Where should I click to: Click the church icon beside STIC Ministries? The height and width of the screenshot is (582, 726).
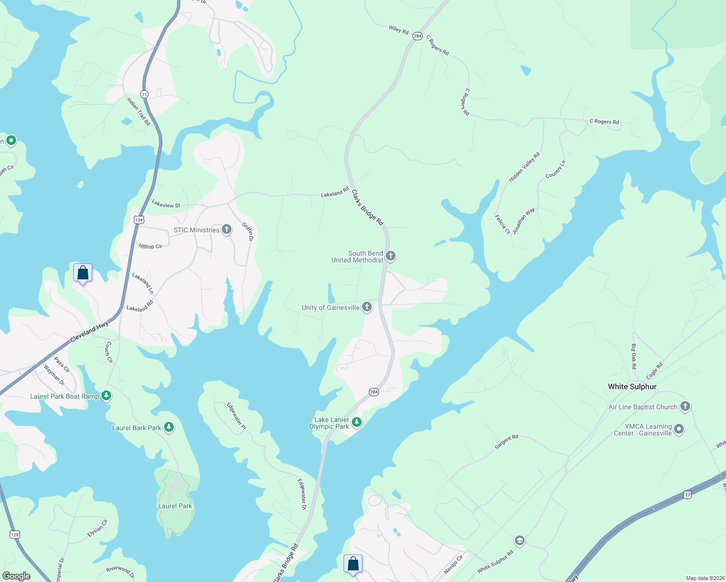(x=227, y=229)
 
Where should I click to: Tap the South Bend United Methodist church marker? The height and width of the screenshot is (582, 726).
(x=391, y=256)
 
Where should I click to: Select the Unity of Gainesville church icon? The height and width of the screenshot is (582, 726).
(x=367, y=307)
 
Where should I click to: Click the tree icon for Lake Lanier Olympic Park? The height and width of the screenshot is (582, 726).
(x=357, y=422)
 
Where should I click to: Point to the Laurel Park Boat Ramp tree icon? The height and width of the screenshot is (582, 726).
(x=106, y=396)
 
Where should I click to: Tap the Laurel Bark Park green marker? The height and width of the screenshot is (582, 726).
(x=169, y=427)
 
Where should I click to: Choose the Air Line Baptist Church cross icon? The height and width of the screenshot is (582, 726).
(x=685, y=406)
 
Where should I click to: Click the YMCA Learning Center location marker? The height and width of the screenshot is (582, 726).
(x=679, y=429)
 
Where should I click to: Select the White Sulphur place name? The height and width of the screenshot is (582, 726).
(x=632, y=387)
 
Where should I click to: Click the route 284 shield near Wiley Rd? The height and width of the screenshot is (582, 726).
(x=417, y=36)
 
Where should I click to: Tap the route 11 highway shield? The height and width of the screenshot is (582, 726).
(x=145, y=94)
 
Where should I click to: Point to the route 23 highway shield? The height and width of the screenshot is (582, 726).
(x=687, y=495)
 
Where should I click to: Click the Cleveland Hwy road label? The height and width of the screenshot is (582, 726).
(x=89, y=333)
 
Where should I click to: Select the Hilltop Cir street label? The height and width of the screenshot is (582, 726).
(x=150, y=246)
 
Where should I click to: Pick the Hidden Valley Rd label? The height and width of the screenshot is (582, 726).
(x=524, y=168)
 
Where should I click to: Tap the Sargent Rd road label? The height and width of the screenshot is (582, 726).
(x=507, y=441)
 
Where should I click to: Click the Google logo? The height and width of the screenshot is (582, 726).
(x=16, y=576)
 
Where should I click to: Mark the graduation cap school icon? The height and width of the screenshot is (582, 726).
(x=519, y=541)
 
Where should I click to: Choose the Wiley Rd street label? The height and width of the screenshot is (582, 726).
(x=398, y=30)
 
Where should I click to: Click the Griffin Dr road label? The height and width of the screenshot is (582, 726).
(x=248, y=232)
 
